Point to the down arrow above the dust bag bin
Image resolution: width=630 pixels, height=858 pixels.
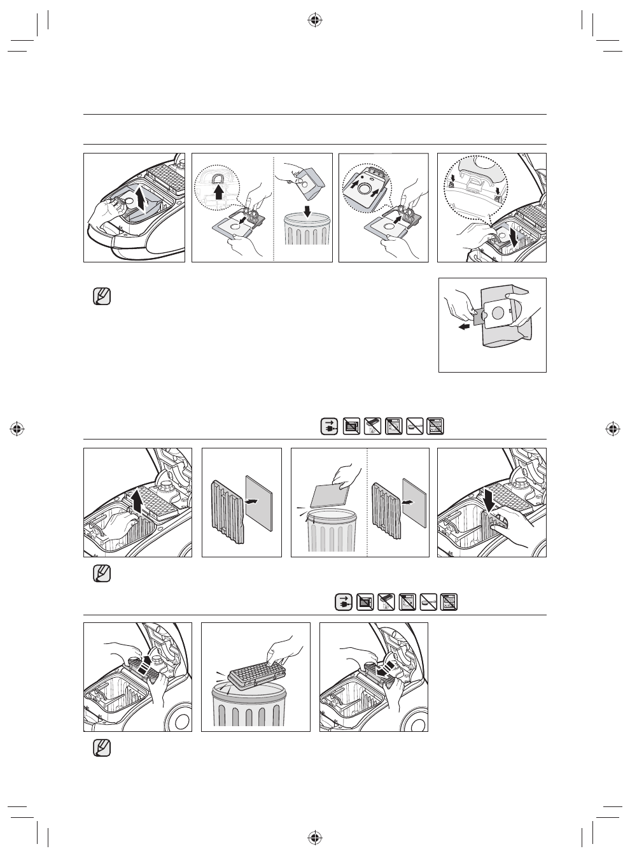307,210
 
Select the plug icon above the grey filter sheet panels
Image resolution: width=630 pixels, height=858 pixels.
329,426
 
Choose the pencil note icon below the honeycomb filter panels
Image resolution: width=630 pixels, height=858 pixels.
101,747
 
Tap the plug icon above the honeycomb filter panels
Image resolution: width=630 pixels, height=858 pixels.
344,601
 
